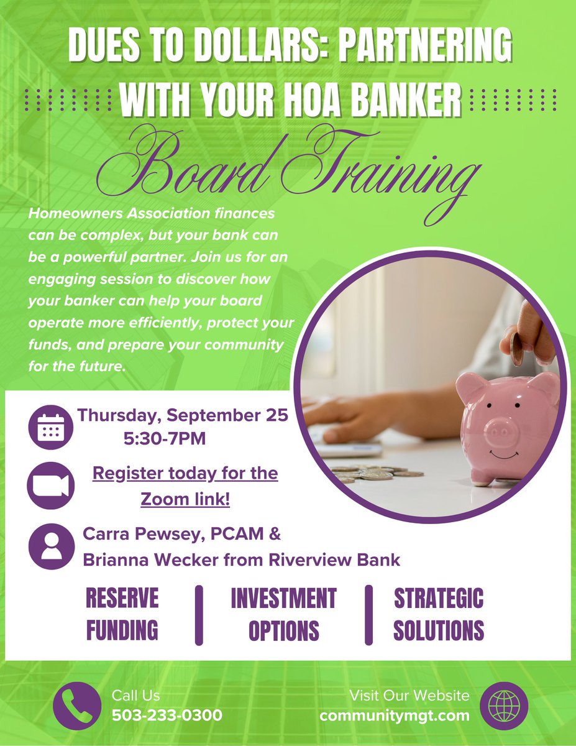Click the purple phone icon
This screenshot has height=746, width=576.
[76, 706]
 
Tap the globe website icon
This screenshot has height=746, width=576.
[504, 706]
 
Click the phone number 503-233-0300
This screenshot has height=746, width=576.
[167, 715]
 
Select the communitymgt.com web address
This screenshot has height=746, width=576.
[395, 715]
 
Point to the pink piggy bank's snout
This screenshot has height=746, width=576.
[501, 428]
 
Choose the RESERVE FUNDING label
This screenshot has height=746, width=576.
[122, 614]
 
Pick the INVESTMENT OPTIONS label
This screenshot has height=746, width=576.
[283, 614]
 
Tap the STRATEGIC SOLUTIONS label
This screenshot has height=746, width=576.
[439, 614]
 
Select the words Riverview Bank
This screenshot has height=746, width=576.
[334, 559]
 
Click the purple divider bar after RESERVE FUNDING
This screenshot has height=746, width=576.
[199, 614]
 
